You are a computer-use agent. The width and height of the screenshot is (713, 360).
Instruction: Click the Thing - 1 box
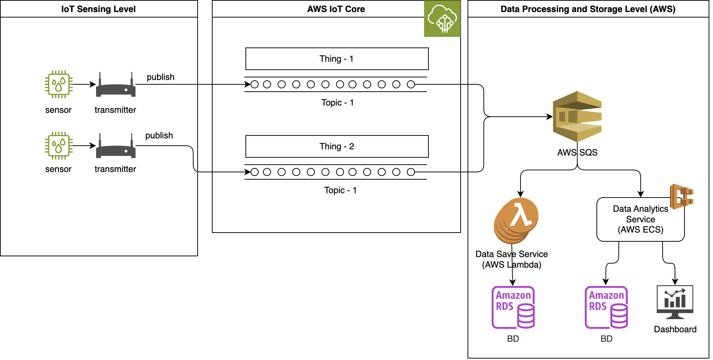pos(337,59)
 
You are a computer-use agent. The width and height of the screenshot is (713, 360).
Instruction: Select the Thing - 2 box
pos(337,146)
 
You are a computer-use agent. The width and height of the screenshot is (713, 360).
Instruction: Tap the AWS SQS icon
pos(577,116)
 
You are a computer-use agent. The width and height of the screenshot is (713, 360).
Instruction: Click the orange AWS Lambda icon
pos(516,220)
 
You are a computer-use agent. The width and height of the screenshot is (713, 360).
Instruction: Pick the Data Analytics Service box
pos(640,219)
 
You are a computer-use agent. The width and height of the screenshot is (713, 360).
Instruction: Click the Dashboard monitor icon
pos(675,302)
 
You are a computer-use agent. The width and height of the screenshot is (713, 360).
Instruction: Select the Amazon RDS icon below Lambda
pos(513,307)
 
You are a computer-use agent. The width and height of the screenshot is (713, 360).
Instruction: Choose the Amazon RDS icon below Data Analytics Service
pos(606,307)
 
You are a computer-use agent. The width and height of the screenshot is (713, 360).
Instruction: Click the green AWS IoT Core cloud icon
pos(442,19)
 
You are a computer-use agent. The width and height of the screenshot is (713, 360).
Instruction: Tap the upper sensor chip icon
pos(58,84)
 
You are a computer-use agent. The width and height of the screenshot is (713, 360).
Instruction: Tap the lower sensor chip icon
pos(58,146)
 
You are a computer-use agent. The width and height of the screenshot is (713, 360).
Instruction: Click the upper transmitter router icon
pos(115,86)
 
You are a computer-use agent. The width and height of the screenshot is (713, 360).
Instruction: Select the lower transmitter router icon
pos(115,147)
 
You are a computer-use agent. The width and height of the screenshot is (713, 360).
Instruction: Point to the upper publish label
pos(160,77)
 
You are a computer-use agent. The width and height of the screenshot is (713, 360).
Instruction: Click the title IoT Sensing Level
pos(98,9)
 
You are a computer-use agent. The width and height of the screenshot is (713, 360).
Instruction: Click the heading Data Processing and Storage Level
pos(588,9)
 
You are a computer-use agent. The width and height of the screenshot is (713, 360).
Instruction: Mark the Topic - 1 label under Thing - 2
pos(340,190)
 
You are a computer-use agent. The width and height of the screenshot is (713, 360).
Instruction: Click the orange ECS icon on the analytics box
pos(681,196)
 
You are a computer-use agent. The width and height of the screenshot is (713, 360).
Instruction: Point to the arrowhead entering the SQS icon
pos(550,117)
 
